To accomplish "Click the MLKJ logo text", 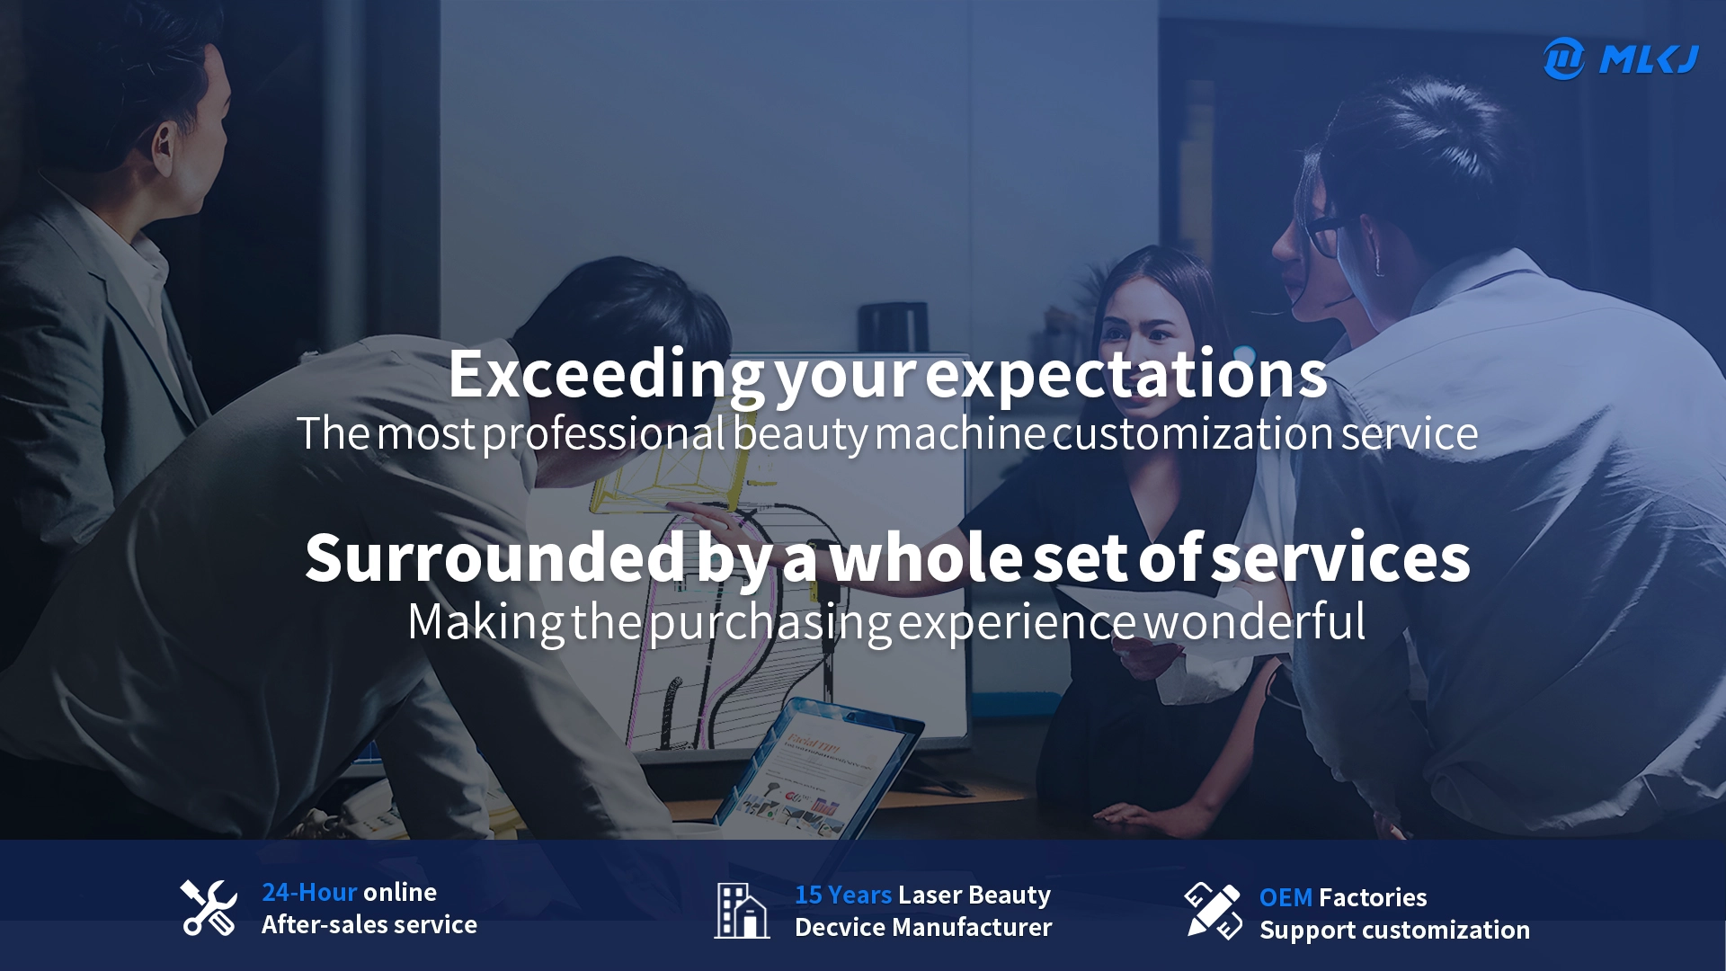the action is coord(1649,59).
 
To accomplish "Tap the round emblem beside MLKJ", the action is coord(1564,58).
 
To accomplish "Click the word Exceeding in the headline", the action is coord(607,376).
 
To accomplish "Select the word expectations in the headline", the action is coord(1126,376).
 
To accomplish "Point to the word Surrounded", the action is coord(496,557).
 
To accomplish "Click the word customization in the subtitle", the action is coord(1193,433).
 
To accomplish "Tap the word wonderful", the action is coord(1255,621).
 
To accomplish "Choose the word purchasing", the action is coord(770,623).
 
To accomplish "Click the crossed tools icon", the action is coord(209,908).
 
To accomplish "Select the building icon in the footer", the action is coord(742,910).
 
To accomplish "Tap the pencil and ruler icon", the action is coord(1214,911).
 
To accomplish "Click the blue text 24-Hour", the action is coord(309,892).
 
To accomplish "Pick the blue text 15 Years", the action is coord(842,895).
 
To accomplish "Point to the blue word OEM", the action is coord(1286,897).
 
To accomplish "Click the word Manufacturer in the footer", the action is coord(974,927).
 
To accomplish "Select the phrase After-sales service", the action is coord(369,924).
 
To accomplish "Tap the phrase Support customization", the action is coord(1394,931).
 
